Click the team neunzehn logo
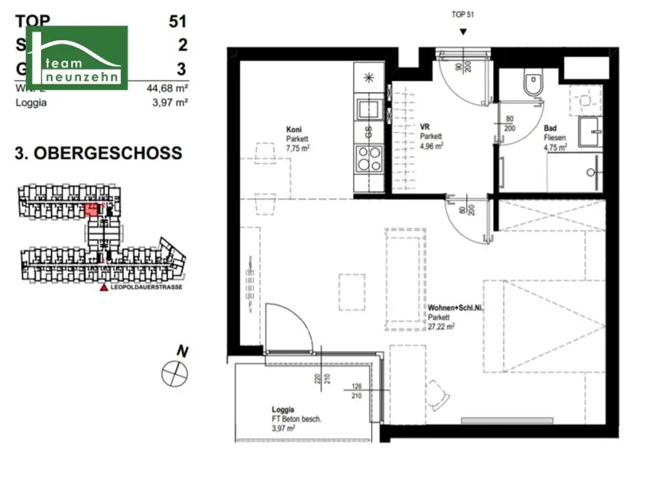point(76,57)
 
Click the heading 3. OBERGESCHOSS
point(98,153)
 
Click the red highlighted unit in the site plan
point(92,209)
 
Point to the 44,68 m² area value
point(167,89)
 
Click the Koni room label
point(294,130)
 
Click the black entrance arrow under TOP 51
point(463,32)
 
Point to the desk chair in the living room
point(438,395)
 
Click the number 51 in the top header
point(177,21)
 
